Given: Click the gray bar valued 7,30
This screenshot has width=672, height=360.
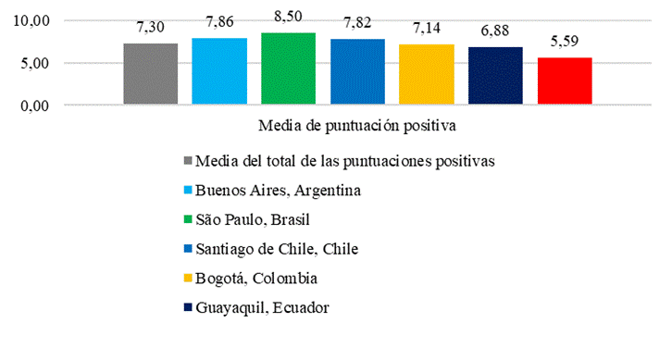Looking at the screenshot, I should (x=150, y=75).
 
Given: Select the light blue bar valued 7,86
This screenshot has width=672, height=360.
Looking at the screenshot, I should (x=219, y=72).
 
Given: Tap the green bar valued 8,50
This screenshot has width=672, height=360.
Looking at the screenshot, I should (x=289, y=69).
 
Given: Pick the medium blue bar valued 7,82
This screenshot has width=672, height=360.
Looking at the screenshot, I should (x=357, y=72).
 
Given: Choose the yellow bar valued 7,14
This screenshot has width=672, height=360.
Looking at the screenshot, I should (x=427, y=75).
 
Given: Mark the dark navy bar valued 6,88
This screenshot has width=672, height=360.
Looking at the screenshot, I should (x=495, y=77).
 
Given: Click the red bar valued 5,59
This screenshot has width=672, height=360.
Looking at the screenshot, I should (x=565, y=81).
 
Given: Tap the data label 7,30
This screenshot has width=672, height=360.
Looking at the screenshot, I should (x=150, y=31).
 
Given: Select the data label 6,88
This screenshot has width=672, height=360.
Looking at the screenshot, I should (x=495, y=34).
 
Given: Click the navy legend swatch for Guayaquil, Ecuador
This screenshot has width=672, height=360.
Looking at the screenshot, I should (x=189, y=307).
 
